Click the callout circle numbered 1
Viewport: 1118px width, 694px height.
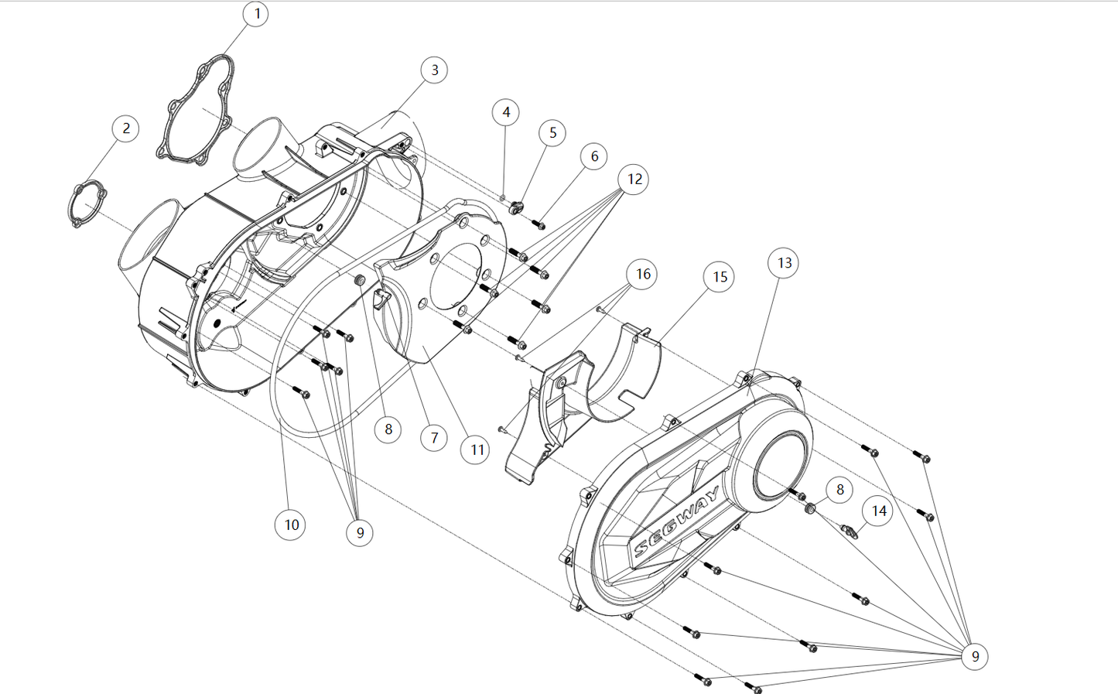point(256,14)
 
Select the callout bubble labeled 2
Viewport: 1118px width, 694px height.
point(126,128)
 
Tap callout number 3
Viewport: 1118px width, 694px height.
point(434,70)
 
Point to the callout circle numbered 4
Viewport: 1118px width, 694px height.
point(506,112)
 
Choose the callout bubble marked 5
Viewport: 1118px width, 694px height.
point(552,133)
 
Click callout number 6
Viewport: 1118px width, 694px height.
point(594,156)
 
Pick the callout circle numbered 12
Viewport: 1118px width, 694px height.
point(634,179)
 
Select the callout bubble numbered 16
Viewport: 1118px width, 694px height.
point(643,273)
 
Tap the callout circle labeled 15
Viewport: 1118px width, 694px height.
point(720,277)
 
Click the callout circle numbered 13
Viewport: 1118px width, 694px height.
point(784,263)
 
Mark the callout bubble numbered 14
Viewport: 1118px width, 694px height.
point(879,511)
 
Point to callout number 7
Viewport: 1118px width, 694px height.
point(434,438)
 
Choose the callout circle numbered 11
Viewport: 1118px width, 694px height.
point(477,450)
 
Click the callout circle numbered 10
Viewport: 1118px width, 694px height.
point(291,525)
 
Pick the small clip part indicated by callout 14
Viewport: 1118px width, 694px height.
point(850,530)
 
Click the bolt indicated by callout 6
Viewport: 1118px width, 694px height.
point(539,225)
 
